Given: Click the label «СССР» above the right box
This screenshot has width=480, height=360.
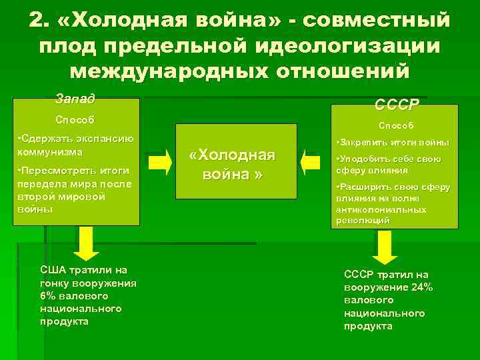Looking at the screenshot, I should click(x=397, y=105).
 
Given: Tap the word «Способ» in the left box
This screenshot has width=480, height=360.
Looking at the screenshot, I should click(x=74, y=121).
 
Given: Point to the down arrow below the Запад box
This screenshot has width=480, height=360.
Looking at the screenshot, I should click(x=86, y=243).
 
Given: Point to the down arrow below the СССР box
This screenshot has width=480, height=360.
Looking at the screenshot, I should click(x=384, y=249).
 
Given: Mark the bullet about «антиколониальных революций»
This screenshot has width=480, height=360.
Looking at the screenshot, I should click(x=393, y=203).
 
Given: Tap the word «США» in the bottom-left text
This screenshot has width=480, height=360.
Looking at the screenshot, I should click(x=53, y=270).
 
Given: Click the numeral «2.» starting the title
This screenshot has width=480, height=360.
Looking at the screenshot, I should click(x=41, y=21).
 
